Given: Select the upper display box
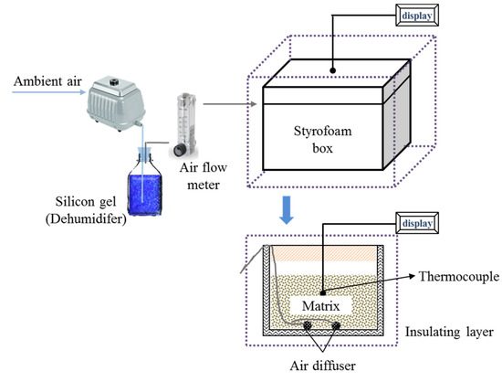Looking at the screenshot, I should [x=417, y=15].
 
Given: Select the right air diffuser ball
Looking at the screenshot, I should [x=336, y=324].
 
